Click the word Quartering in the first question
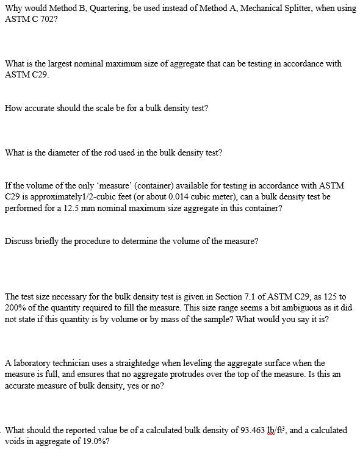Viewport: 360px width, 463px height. coord(118,8)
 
